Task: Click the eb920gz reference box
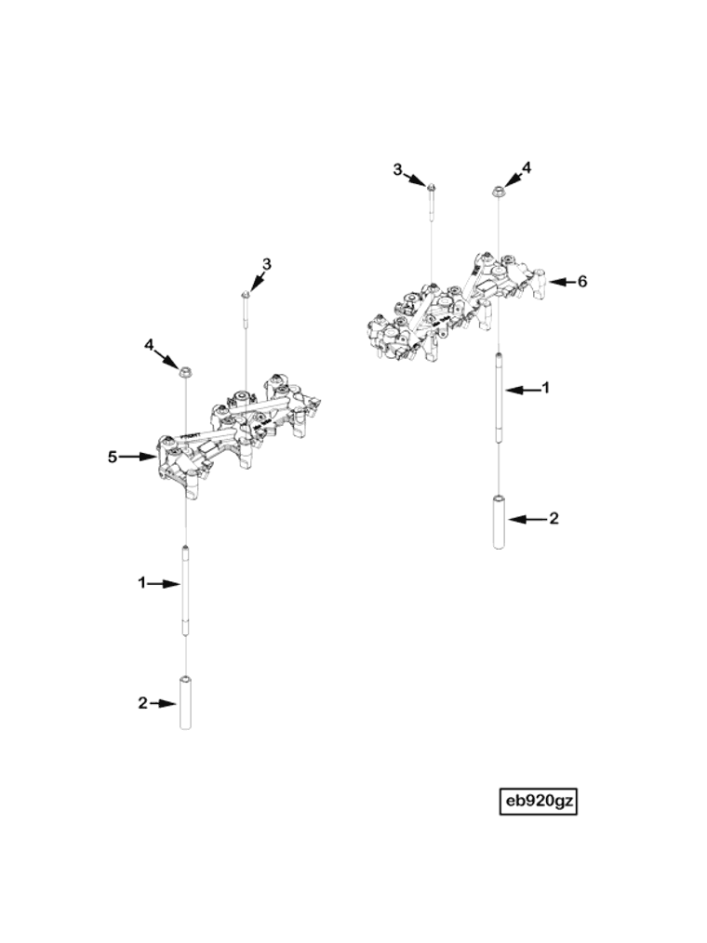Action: click(x=539, y=801)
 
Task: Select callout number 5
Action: click(x=113, y=457)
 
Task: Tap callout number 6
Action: click(x=582, y=281)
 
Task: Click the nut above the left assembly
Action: click(x=185, y=372)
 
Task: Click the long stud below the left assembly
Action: click(x=186, y=591)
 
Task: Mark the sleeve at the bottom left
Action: click(x=185, y=702)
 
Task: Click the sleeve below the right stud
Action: click(x=499, y=523)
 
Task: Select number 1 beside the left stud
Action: click(x=142, y=583)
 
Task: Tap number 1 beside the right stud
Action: click(x=546, y=388)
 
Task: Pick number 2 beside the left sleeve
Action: click(x=142, y=703)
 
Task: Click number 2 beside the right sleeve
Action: click(x=554, y=518)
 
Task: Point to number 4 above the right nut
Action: click(x=527, y=168)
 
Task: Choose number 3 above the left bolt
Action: click(x=266, y=264)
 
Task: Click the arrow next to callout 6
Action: click(x=558, y=281)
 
